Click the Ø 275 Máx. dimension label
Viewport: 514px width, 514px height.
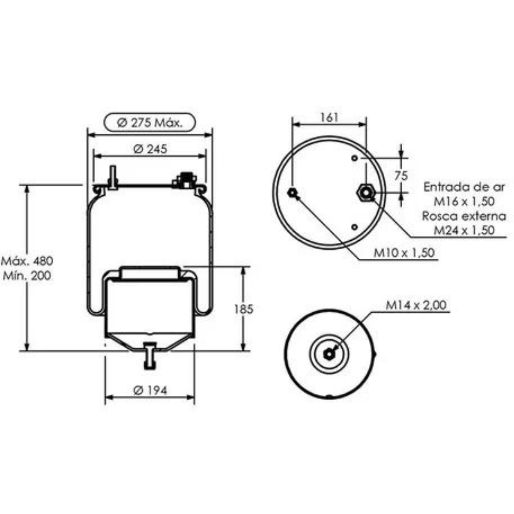[x=150, y=123]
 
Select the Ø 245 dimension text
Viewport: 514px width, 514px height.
[x=150, y=149]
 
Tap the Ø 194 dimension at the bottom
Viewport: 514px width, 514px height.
[x=150, y=390]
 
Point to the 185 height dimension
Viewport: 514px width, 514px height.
[x=244, y=309]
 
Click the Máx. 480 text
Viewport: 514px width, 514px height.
[x=27, y=260]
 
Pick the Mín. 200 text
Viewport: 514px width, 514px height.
[x=27, y=276]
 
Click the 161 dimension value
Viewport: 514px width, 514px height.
[x=329, y=117]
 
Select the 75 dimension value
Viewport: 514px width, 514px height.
[x=401, y=176]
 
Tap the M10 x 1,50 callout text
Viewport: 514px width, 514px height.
[x=404, y=253]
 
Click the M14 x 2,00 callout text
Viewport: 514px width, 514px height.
[x=416, y=305]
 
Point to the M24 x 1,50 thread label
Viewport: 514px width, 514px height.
[x=464, y=230]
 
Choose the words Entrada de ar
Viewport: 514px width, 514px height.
[x=464, y=187]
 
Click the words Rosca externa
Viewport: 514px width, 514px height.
[x=464, y=216]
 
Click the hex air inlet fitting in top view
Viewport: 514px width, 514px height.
[x=365, y=192]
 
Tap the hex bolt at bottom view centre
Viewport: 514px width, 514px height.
[x=329, y=354]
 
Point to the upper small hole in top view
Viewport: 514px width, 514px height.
[x=354, y=158]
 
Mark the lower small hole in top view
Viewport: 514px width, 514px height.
[x=354, y=226]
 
